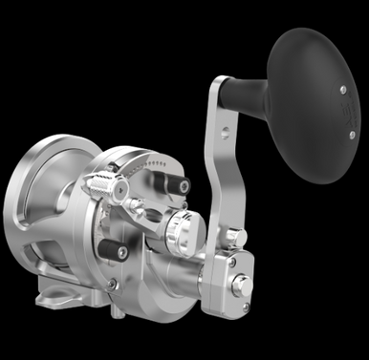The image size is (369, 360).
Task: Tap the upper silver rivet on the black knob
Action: [341, 90]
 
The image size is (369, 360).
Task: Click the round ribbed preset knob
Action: [176, 228]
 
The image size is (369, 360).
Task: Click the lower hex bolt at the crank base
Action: [242, 284]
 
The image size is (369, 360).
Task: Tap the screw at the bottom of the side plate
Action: [113, 284]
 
